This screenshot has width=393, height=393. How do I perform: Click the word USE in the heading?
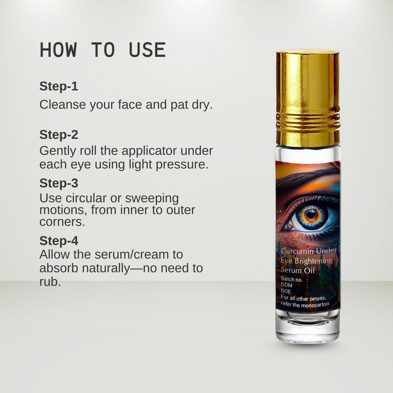[x=147, y=50]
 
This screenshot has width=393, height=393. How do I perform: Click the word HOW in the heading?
[x=58, y=50]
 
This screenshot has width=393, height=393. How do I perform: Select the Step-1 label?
[x=59, y=86]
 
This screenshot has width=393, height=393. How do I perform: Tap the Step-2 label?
[x=59, y=135]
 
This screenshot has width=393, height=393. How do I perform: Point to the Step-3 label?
[x=59, y=183]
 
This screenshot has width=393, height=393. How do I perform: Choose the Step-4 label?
[x=59, y=241]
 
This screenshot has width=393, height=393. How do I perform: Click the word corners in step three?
[x=62, y=222]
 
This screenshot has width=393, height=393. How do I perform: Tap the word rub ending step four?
[x=50, y=282]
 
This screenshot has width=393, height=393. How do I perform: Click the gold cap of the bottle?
[x=308, y=97]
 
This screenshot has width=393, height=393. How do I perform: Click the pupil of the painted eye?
[x=311, y=214]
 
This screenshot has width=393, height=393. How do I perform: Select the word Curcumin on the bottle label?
[x=297, y=251]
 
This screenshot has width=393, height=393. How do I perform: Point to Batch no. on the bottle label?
[x=291, y=280]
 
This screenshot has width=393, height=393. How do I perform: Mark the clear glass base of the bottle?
[x=308, y=327]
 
